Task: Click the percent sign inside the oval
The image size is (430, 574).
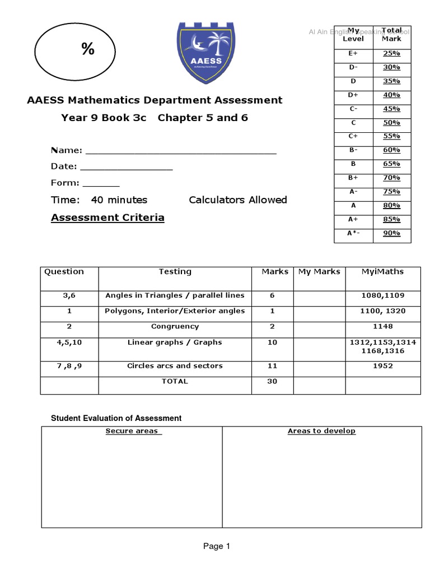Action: click(x=87, y=50)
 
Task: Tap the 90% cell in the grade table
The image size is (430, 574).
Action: click(x=391, y=233)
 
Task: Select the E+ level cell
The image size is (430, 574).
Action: click(x=353, y=54)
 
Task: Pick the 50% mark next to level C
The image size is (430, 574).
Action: click(x=391, y=123)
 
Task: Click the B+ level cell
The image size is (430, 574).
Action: click(x=353, y=178)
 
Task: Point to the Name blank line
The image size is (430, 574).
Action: click(x=180, y=151)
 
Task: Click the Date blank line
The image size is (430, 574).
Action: click(x=127, y=168)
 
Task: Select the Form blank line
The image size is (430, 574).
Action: click(x=101, y=184)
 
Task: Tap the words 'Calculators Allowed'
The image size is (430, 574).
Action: click(x=237, y=200)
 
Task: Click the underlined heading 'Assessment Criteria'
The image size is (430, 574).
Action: click(x=107, y=217)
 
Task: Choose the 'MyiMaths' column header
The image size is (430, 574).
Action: click(x=382, y=272)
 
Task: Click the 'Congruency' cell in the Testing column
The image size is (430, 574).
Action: click(x=175, y=326)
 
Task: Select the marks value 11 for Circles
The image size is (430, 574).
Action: click(x=272, y=366)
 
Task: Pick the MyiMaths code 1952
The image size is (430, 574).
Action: click(x=382, y=366)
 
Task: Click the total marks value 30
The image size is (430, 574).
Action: click(x=272, y=381)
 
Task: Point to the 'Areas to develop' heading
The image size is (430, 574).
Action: click(x=321, y=431)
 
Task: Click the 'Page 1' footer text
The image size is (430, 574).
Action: click(x=217, y=546)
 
